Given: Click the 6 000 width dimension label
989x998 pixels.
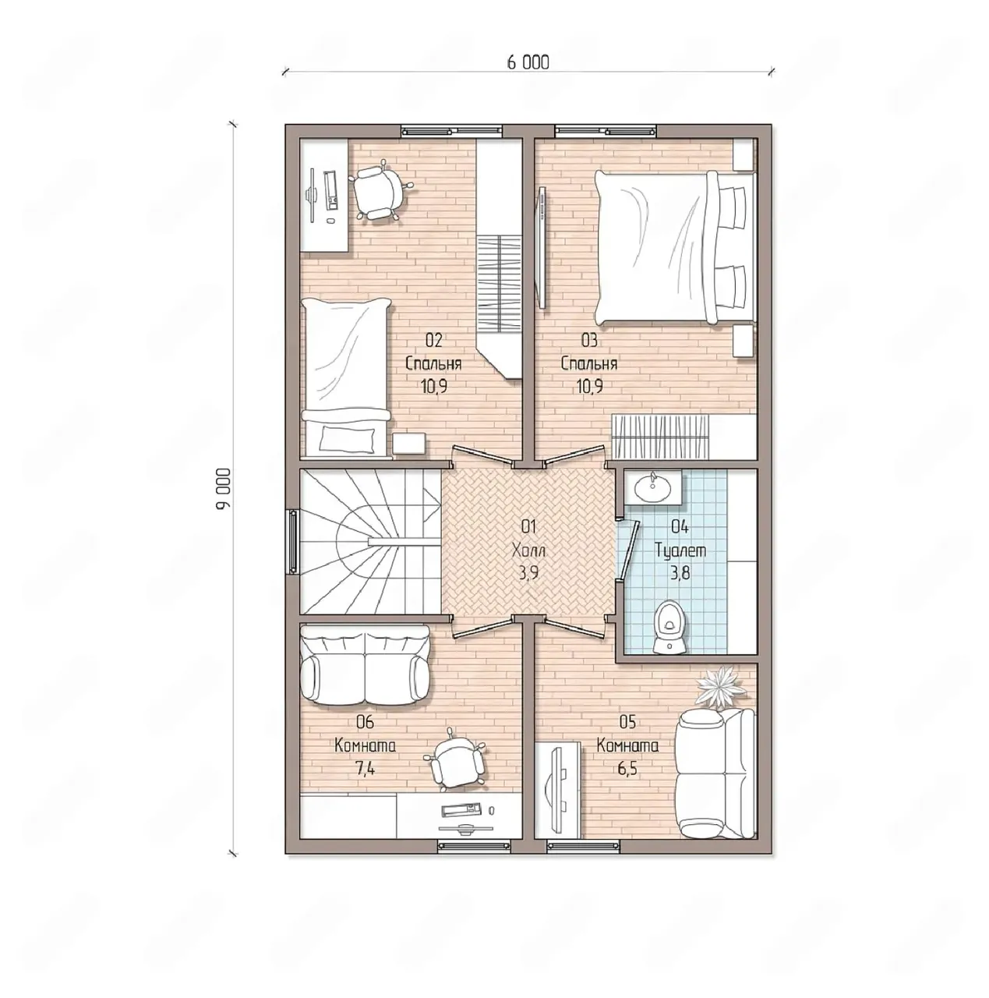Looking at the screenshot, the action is (x=528, y=62).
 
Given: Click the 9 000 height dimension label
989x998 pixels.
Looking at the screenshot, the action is (x=224, y=490).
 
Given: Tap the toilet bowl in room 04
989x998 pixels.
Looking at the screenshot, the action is (x=669, y=627).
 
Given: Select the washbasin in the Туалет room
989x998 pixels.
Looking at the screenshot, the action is (x=653, y=487).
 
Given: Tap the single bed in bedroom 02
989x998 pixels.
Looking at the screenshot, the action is (x=345, y=378).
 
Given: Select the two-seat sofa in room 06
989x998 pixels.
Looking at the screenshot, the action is (x=365, y=665).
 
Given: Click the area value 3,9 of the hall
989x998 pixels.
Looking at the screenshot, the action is (x=528, y=573).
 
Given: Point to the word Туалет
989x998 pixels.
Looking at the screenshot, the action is (x=680, y=550).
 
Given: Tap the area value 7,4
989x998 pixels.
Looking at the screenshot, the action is (x=365, y=768).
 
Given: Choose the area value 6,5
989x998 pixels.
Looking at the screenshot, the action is (x=627, y=768).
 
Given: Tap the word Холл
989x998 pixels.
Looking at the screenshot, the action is (x=528, y=550).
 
